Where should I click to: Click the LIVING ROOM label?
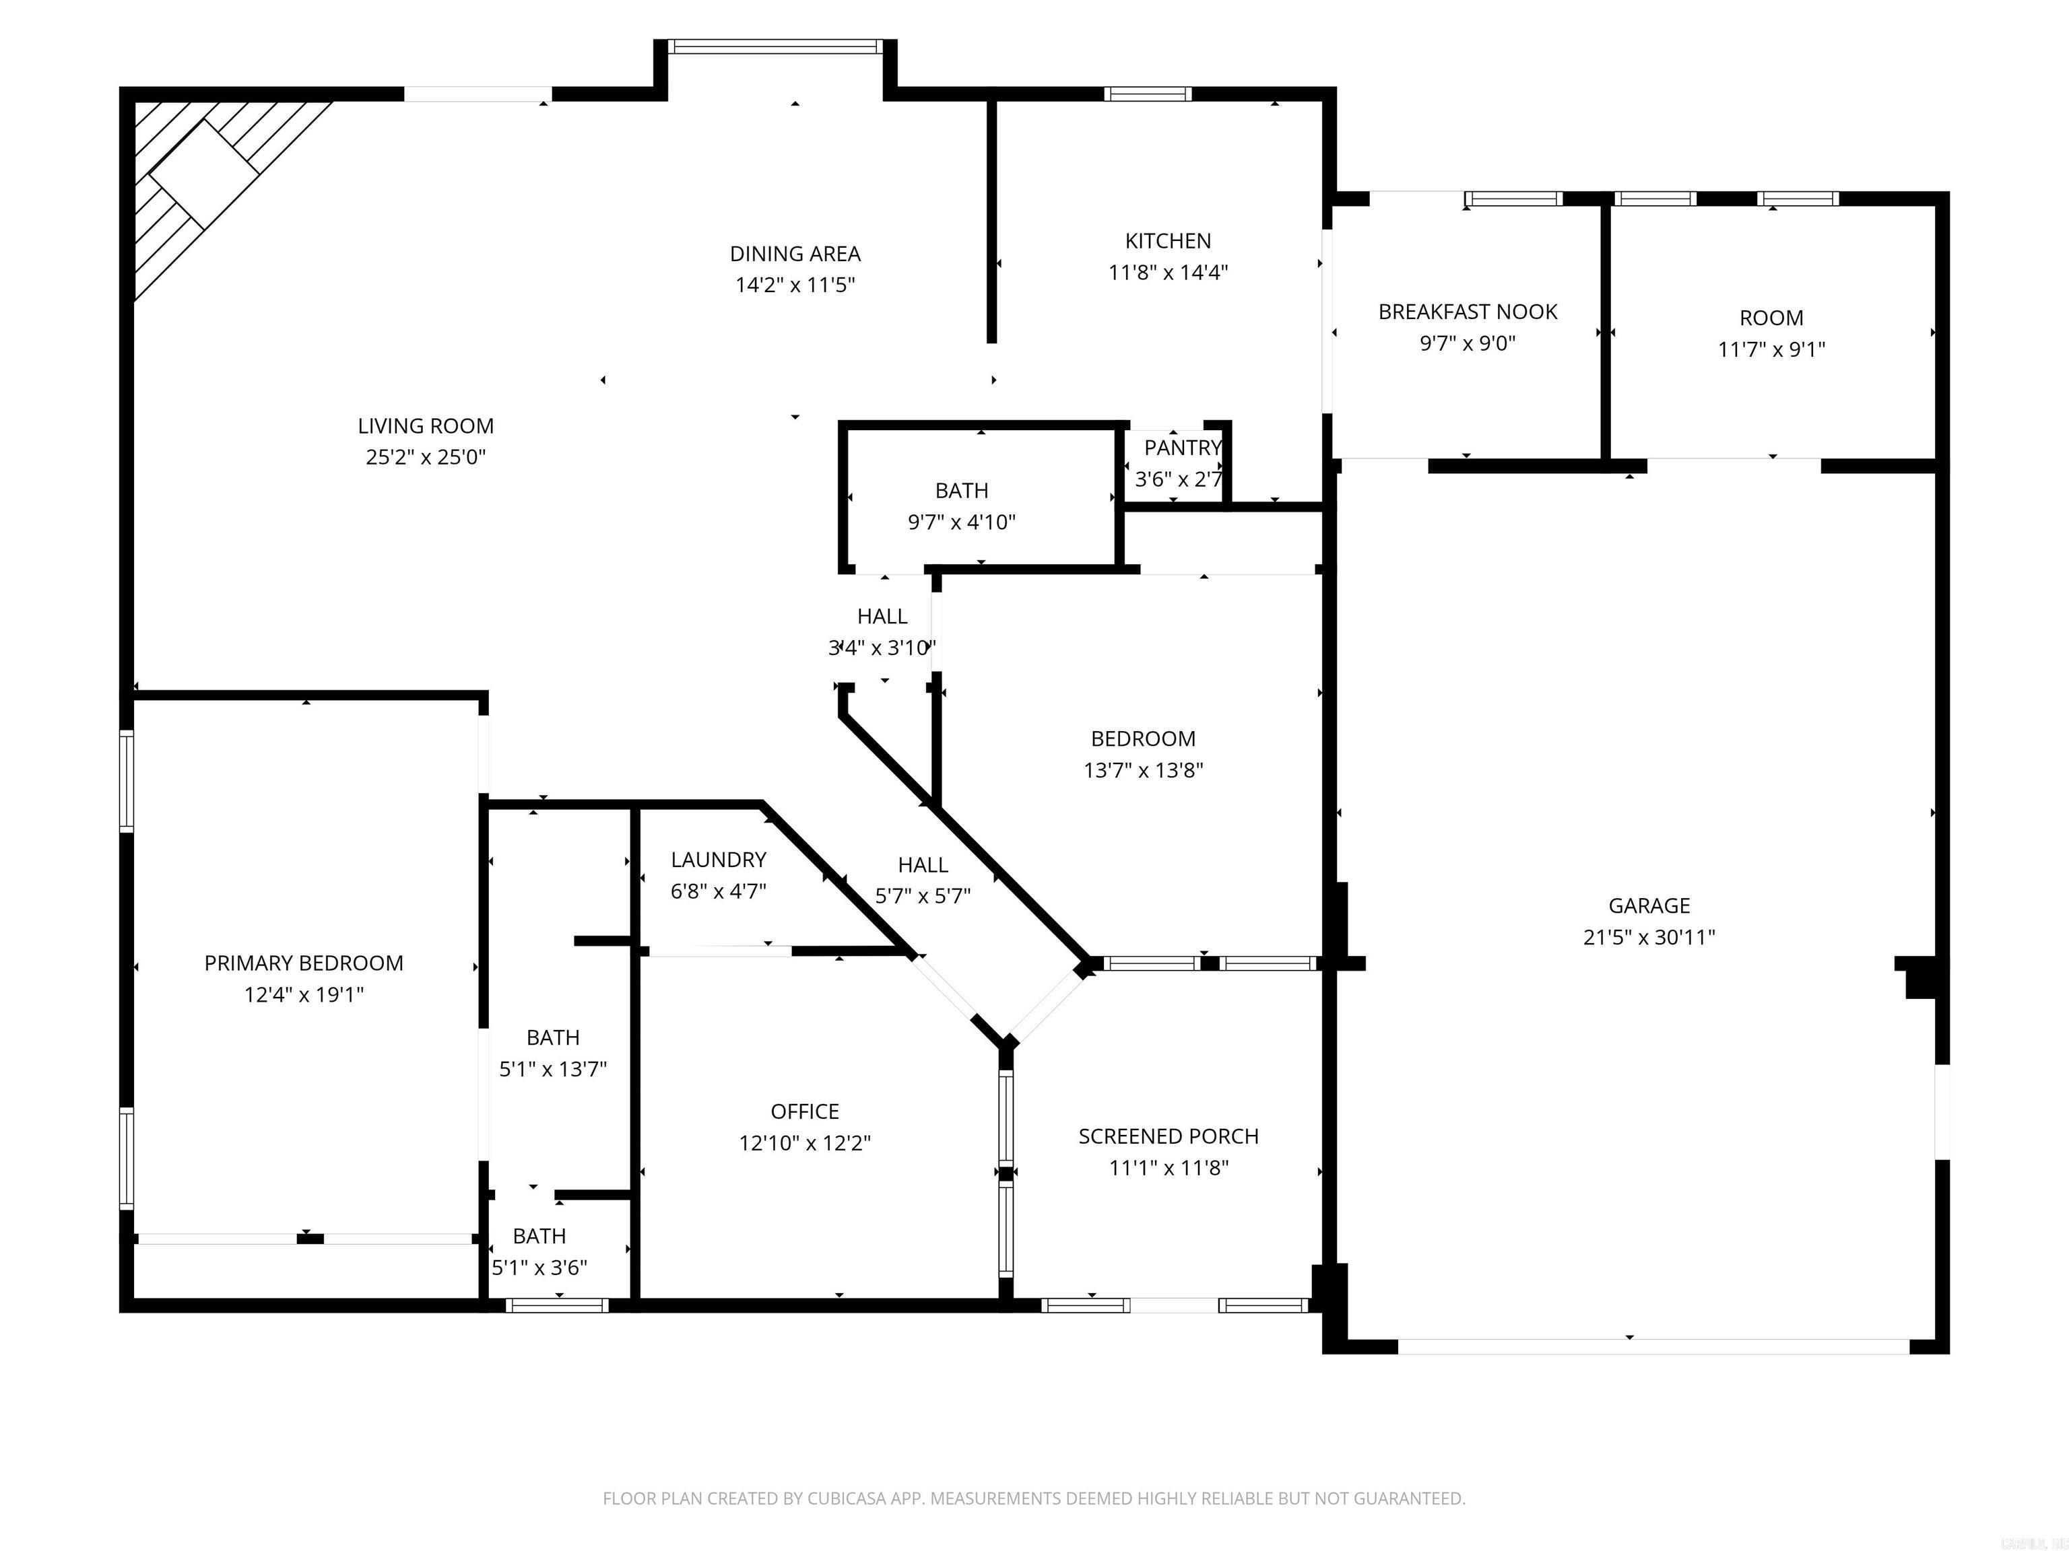(x=426, y=426)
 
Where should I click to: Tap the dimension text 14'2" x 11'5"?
(x=795, y=285)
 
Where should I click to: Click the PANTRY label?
(x=1182, y=448)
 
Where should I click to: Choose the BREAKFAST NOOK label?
(x=1467, y=312)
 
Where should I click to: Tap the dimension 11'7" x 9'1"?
(x=1771, y=349)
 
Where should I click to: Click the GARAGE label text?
(x=1648, y=906)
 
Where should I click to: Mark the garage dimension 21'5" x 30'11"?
(x=1648, y=938)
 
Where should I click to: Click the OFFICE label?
(x=804, y=1111)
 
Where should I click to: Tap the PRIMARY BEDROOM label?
(x=304, y=964)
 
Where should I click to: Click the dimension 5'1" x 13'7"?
(x=553, y=1070)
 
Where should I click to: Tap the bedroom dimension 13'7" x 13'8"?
(x=1142, y=770)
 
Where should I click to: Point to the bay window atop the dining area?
(x=775, y=46)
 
